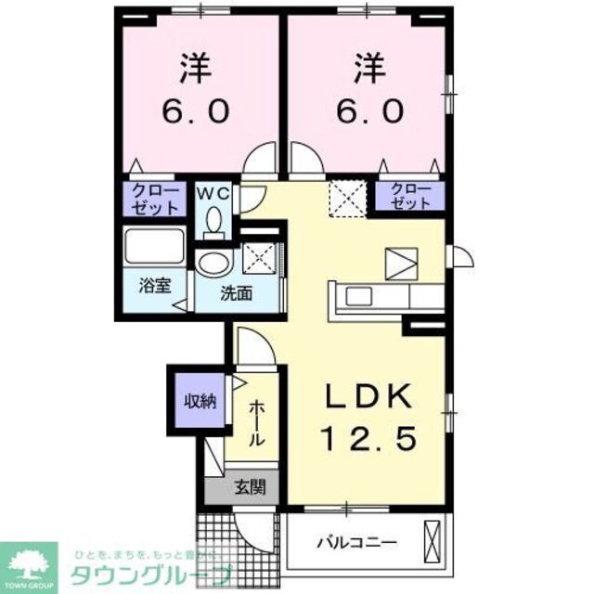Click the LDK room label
click(368, 396)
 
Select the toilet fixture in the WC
click(214, 221)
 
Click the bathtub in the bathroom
click(154, 248)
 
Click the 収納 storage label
click(198, 401)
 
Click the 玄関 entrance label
click(247, 486)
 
